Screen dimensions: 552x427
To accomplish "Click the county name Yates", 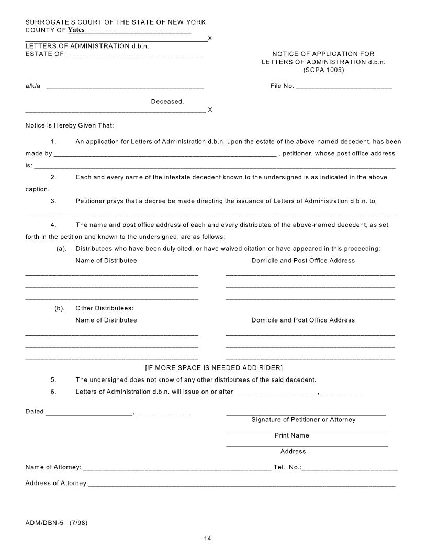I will [76, 30].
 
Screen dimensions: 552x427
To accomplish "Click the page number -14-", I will [208, 539].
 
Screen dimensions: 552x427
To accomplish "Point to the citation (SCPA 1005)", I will [323, 70].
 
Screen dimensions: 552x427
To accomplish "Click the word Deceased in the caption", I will [167, 101].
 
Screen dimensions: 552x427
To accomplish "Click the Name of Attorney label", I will [53, 467].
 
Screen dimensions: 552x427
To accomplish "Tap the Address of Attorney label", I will [57, 483].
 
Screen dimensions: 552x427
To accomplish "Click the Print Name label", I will [291, 435].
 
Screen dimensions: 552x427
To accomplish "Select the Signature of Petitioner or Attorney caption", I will [303, 420].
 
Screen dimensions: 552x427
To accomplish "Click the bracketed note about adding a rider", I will [213, 367].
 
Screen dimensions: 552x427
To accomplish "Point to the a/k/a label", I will [33, 86].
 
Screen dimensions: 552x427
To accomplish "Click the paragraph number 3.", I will [53, 201].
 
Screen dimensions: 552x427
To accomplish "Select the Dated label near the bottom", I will [35, 412].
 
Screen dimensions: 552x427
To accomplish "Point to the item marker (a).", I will [61, 248].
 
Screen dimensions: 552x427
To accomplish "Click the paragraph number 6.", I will [53, 392].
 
